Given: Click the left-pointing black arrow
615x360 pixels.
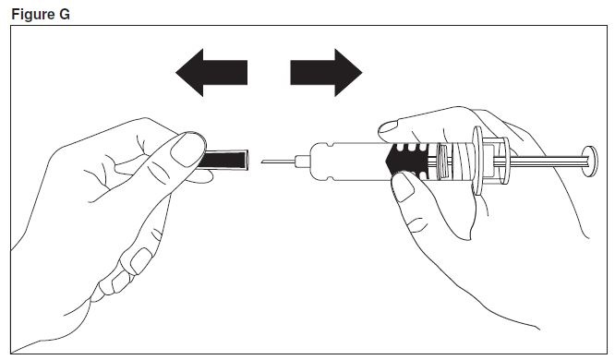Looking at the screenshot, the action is point(211,73).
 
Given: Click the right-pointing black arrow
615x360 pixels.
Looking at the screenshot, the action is point(326,73).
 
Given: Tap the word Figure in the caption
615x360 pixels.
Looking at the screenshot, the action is point(33,15).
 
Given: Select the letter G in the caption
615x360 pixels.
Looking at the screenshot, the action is point(64,15).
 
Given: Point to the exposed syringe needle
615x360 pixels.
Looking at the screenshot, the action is point(278,162).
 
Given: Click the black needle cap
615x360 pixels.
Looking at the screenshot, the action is point(223,160).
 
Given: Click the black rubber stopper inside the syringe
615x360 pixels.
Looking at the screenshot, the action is point(407,160).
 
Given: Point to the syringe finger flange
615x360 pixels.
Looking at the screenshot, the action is point(478,161).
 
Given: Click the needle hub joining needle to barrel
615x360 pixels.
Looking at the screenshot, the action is point(303,162).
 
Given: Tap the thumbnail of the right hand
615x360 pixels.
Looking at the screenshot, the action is point(404,187).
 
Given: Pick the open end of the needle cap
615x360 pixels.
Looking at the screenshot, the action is point(247,160).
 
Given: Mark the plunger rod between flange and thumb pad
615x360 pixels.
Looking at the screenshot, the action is point(546,161).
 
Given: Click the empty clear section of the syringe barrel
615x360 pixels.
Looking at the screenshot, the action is point(353,161).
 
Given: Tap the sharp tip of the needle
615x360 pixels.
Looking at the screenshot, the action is point(261,161).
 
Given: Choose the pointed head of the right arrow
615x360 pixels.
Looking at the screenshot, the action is point(348,73).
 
